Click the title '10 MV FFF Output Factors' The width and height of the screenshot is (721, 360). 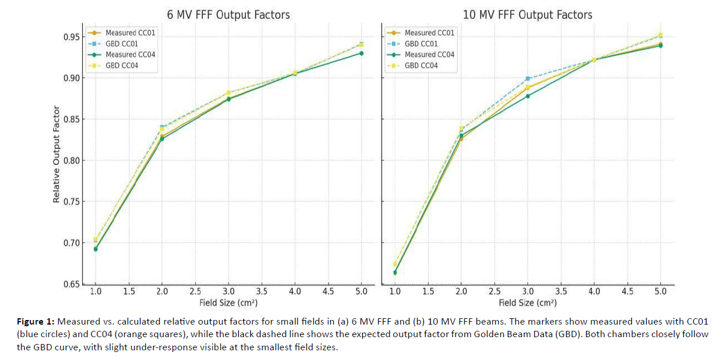[527, 14]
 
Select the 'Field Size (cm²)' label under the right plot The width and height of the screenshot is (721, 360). [527, 303]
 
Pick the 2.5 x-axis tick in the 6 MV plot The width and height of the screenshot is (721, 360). [195, 291]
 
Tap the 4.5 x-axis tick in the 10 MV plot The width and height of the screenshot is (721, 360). [627, 291]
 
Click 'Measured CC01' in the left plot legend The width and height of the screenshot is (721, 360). [130, 33]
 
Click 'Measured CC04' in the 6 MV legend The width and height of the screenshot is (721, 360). [130, 55]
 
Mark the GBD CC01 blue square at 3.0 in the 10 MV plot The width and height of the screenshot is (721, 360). [528, 78]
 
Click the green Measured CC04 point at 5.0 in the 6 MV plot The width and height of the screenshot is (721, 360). [361, 53]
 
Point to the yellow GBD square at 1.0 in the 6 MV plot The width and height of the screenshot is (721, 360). [95, 239]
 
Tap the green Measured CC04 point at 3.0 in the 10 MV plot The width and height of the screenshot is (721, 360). [528, 96]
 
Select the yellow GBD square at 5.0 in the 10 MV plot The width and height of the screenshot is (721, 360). [660, 35]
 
